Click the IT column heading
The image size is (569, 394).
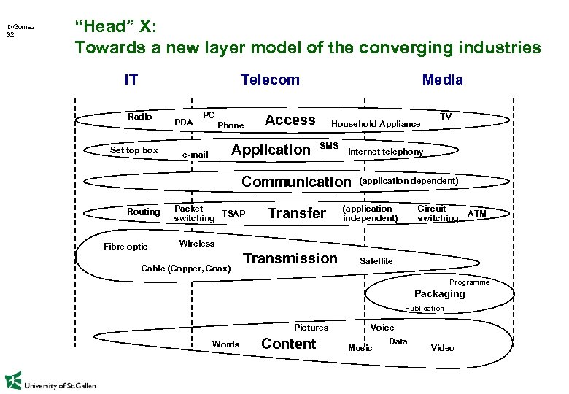(131, 80)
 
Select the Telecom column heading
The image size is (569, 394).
(270, 80)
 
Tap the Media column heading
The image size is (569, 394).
(442, 80)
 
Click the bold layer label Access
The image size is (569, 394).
(290, 120)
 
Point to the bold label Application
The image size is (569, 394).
(270, 150)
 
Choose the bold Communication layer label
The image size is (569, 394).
(296, 182)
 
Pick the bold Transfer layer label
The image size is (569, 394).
(297, 213)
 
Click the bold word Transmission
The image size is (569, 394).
(290, 258)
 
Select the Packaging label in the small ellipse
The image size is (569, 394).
(439, 293)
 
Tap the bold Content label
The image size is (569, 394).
(288, 344)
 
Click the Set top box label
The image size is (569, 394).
(133, 150)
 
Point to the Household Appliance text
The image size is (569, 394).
(376, 124)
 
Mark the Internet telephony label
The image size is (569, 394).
(385, 152)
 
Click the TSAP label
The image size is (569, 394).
(233, 213)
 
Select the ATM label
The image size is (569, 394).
(476, 213)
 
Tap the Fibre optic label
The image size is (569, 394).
(125, 247)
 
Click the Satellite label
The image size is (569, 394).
(376, 261)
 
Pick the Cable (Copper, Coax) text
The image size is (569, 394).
(186, 269)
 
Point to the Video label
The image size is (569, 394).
(442, 348)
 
